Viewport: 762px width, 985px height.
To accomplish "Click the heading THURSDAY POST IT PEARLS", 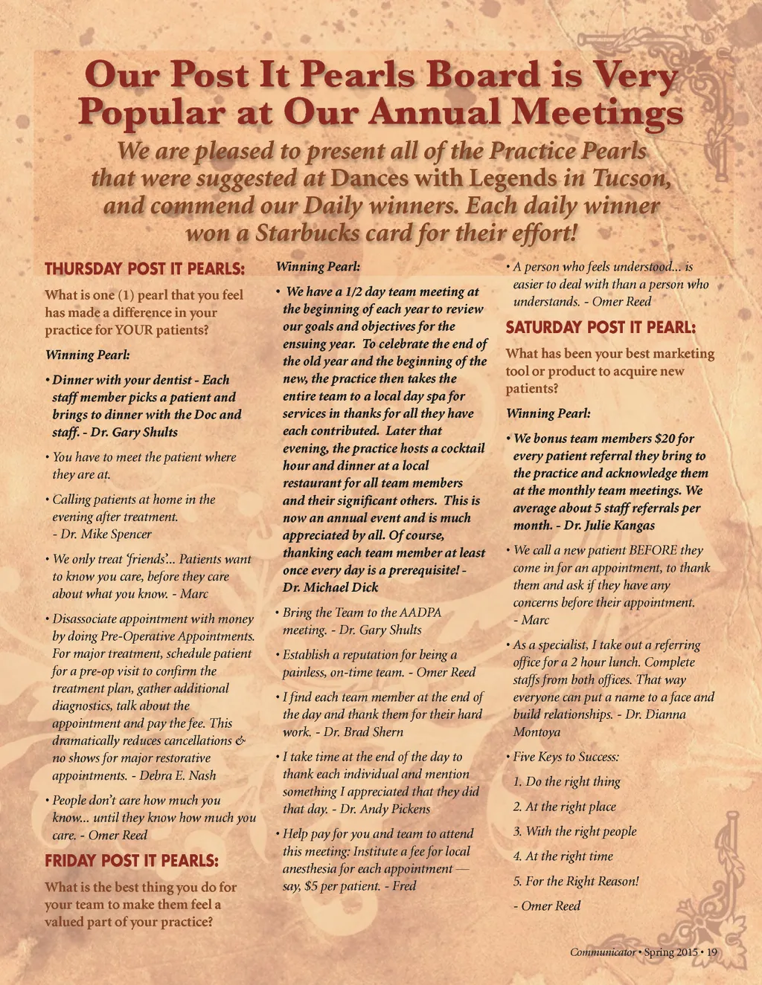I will pyautogui.click(x=144, y=268).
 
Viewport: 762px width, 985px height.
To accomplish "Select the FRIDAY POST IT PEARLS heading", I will pyautogui.click(x=132, y=861).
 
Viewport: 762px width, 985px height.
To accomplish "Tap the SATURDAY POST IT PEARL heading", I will pyautogui.click(x=601, y=327).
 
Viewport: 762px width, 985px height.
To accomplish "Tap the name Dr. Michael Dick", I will pyautogui.click(x=330, y=587).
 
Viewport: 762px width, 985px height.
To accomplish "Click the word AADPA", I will pyautogui.click(x=420, y=613).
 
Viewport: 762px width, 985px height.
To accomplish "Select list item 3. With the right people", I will pyautogui.click(x=574, y=831).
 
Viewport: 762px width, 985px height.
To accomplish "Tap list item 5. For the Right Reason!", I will pyautogui.click(x=576, y=881).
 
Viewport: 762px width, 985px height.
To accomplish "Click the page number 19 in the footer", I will pyautogui.click(x=711, y=952).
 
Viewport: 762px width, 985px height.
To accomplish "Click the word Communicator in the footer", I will pyautogui.click(x=603, y=952).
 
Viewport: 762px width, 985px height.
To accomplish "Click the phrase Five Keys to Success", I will pyautogui.click(x=566, y=757).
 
